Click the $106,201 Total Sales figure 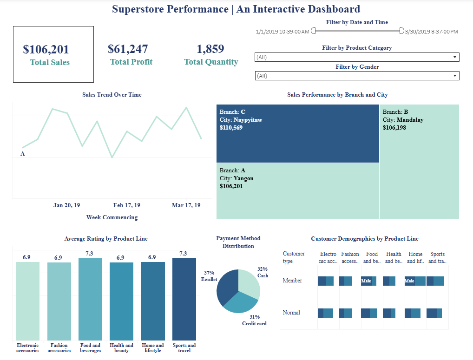pos(46,49)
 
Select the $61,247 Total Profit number pos(128,49)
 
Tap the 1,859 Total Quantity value pos(210,49)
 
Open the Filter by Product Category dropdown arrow pos(454,57)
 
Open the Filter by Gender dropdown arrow pos(454,76)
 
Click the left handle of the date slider pos(313,31)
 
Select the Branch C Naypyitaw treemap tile pos(297,133)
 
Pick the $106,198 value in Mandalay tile pos(394,127)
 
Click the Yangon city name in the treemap pos(243,178)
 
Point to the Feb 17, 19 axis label pos(127,205)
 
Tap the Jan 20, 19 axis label pos(66,205)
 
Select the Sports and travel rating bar pos(184,299)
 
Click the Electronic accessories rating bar pos(27,301)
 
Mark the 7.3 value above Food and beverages pos(90,254)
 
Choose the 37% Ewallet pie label pos(209,276)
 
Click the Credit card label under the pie pos(254,323)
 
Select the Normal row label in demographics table pos(291,313)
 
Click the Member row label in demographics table pos(292,281)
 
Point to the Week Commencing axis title pos(112,217)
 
